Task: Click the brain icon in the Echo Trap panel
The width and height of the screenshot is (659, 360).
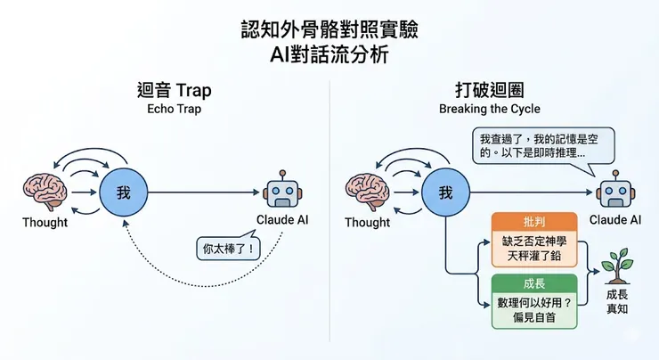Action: click(x=45, y=192)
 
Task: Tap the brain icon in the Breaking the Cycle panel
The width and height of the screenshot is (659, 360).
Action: click(x=367, y=192)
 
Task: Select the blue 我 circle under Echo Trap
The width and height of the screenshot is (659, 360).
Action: click(x=124, y=192)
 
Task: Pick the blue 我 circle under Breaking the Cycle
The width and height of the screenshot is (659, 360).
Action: click(x=446, y=192)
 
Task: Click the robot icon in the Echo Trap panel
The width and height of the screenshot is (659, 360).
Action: click(x=282, y=190)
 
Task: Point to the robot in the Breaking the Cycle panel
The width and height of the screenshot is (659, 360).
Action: click(x=615, y=190)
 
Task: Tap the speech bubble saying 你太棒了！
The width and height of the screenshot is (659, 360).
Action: click(x=228, y=247)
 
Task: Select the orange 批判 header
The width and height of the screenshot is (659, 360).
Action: click(x=534, y=222)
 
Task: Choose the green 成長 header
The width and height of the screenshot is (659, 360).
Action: click(x=534, y=283)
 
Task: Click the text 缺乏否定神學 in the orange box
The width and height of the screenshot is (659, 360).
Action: click(x=534, y=241)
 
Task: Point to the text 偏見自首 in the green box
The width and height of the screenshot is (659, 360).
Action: click(x=534, y=317)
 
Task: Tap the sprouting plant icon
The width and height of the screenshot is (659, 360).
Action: click(x=617, y=266)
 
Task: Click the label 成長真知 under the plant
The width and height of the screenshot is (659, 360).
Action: click(x=617, y=301)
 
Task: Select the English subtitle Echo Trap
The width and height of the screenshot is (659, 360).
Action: click(x=174, y=109)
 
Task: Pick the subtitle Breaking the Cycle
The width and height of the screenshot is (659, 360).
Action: click(x=490, y=109)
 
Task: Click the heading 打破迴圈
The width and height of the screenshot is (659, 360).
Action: click(x=490, y=90)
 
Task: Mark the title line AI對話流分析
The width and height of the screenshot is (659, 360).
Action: click(x=329, y=54)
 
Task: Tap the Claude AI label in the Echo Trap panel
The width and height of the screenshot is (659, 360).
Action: click(x=282, y=220)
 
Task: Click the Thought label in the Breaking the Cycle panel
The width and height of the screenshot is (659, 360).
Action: click(x=367, y=222)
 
